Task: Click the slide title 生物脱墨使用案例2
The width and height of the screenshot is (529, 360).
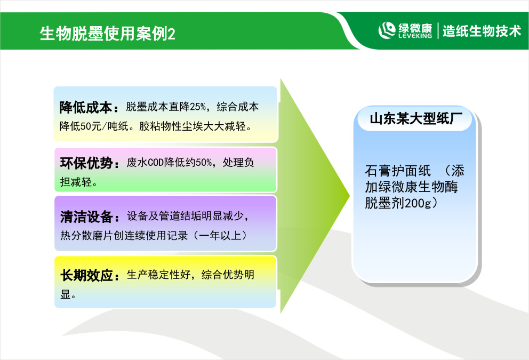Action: [x=107, y=34]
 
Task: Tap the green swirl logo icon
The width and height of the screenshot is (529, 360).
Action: [x=387, y=30]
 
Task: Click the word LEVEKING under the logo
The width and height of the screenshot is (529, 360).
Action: [x=415, y=36]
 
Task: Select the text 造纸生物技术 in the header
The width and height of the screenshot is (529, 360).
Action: [x=482, y=31]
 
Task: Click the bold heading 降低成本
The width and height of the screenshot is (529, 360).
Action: [x=86, y=107]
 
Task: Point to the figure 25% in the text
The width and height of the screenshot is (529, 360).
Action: [x=198, y=107]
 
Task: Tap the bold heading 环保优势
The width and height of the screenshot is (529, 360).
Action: [x=86, y=163]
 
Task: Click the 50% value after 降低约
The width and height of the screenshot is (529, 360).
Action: [x=204, y=163]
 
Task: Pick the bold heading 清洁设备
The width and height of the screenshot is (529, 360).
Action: [x=86, y=217]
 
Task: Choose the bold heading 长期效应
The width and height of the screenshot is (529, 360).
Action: [x=86, y=275]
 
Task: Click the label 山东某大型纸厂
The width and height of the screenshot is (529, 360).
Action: [x=415, y=118]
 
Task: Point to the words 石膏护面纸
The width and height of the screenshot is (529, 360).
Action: [x=398, y=171]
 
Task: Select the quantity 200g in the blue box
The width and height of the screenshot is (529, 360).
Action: [x=418, y=203]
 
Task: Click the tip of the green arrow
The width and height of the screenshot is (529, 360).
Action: [x=350, y=195]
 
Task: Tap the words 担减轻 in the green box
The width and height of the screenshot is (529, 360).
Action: [x=76, y=182]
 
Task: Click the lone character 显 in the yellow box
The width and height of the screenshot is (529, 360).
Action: [x=65, y=294]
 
